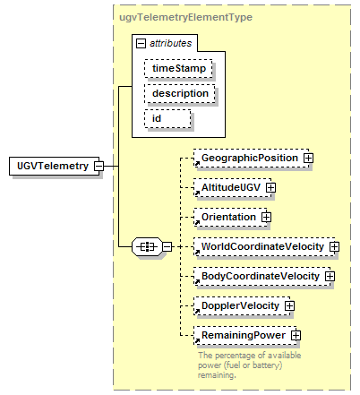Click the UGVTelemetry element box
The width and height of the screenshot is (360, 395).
(54, 166)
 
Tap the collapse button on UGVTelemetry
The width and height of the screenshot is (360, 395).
(99, 166)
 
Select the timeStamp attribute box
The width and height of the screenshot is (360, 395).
(178, 69)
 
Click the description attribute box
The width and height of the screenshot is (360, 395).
(180, 94)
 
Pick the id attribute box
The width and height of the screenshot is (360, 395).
(167, 119)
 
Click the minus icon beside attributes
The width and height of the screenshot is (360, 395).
(141, 44)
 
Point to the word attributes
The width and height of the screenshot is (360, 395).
(170, 44)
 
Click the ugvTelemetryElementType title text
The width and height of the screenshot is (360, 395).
(185, 17)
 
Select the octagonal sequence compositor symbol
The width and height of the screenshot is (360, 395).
(147, 247)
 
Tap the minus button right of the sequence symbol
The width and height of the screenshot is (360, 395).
(167, 247)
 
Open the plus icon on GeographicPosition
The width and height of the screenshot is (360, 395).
(308, 159)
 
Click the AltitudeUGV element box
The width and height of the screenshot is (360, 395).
(233, 188)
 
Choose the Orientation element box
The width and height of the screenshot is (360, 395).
(230, 218)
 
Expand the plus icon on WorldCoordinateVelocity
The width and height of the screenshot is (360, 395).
(334, 247)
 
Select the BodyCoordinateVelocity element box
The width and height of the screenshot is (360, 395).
(262, 277)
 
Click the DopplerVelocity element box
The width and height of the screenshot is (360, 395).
(242, 306)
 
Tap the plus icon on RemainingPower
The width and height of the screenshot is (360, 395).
(296, 336)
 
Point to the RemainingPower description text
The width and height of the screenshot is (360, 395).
(250, 365)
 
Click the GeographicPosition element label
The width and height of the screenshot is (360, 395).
(250, 158)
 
